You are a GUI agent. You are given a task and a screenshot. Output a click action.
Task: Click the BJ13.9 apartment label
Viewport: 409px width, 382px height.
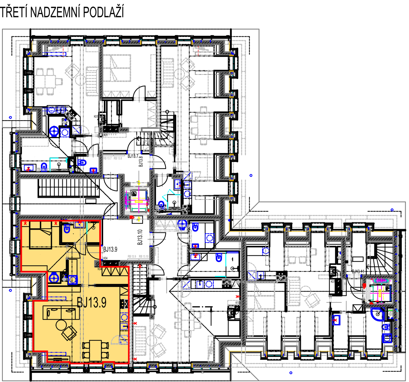tap(92, 302)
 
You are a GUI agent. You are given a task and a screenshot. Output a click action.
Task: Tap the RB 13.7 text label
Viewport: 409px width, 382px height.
tap(107, 158)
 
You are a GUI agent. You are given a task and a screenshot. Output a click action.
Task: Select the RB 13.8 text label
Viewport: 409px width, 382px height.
tap(118, 158)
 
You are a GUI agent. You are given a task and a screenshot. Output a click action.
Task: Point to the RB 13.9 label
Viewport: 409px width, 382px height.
tap(132, 256)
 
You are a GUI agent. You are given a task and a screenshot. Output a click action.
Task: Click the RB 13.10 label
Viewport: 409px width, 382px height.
tap(143, 256)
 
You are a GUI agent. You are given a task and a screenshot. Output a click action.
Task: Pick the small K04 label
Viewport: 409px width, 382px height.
tap(100, 269)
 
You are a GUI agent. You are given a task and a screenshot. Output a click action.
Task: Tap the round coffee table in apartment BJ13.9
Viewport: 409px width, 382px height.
tap(61, 325)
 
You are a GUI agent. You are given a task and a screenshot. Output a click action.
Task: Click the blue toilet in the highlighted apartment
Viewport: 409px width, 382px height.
tap(67, 229)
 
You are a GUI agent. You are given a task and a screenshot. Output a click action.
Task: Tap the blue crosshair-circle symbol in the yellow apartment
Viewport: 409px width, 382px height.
tap(54, 278)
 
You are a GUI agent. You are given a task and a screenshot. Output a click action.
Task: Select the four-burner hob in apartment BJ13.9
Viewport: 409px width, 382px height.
tap(124, 304)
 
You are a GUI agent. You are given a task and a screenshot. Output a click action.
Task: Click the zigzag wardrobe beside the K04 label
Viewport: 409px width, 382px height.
tap(115, 272)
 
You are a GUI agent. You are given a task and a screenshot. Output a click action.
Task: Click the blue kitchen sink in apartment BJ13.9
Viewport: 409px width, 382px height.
tap(124, 317)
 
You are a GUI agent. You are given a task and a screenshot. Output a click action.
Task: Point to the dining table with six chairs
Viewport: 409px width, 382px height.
tap(188, 320)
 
